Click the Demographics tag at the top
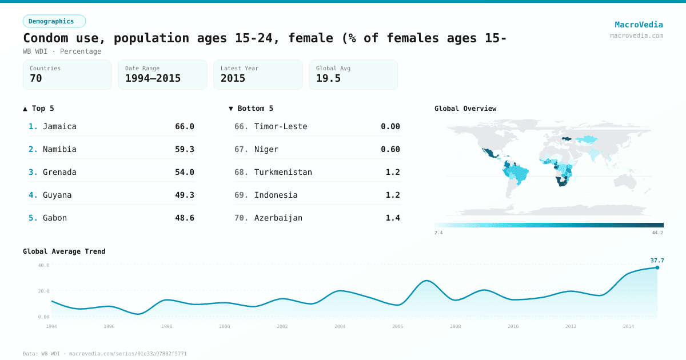point(54,21)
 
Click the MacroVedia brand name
point(639,25)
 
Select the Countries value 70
point(36,78)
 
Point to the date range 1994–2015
point(153,78)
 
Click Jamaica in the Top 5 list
point(59,126)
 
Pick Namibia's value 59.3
point(184,149)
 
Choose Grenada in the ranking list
point(59,172)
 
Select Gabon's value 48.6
point(184,218)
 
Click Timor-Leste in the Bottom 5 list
point(281,126)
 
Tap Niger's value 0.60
point(390,149)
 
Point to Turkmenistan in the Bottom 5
point(283,172)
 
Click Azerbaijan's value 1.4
point(393,218)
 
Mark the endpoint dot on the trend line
point(657,267)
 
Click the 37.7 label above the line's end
point(657,261)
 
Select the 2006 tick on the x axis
point(397,326)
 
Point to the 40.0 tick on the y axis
point(43,265)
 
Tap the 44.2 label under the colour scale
point(657,233)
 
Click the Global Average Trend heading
point(64,251)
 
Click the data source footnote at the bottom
point(105,354)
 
